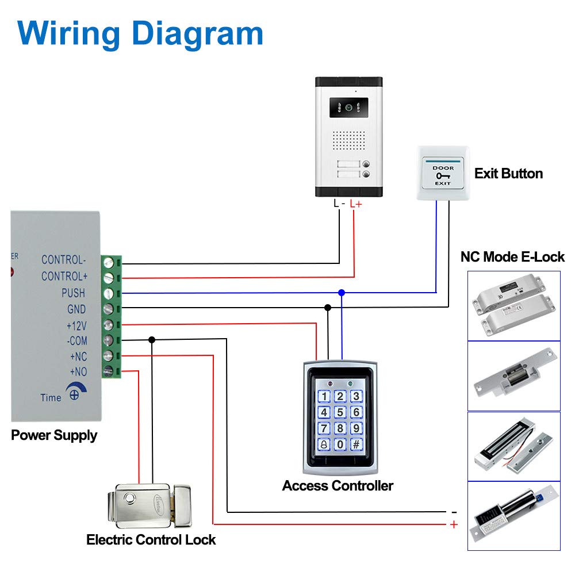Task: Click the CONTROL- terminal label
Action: click(x=63, y=260)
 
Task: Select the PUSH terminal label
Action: click(x=74, y=293)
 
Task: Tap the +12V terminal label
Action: click(x=76, y=326)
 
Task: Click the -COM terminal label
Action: click(x=76, y=341)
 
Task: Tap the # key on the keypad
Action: click(x=356, y=444)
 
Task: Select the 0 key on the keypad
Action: click(x=340, y=444)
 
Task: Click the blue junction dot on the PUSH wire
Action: click(x=342, y=293)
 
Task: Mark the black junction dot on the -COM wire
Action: click(x=152, y=340)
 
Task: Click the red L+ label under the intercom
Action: click(x=356, y=204)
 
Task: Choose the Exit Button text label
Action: click(x=508, y=174)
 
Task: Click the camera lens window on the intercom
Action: click(x=348, y=108)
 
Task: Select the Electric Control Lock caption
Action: click(x=151, y=540)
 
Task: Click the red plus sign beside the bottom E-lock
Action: click(x=454, y=524)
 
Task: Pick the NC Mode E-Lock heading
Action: click(x=512, y=257)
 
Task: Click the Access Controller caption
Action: click(x=338, y=486)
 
